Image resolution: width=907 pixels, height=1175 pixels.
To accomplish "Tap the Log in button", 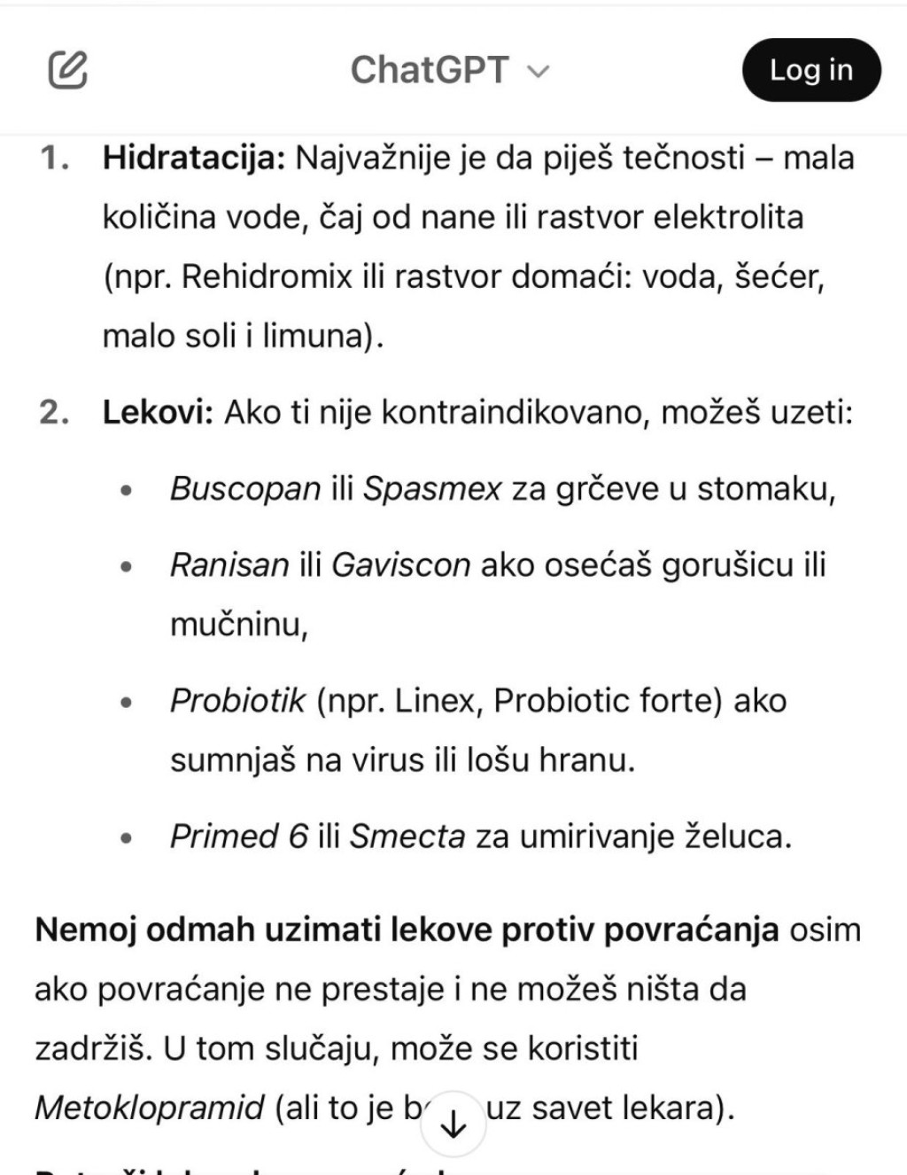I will click(x=810, y=70).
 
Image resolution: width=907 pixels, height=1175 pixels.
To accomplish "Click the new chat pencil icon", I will click(x=67, y=70).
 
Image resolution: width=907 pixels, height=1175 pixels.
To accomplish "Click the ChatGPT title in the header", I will click(x=430, y=70).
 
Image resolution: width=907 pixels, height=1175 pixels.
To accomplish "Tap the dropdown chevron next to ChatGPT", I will click(x=539, y=72).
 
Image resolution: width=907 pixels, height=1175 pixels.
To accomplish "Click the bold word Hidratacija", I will click(x=193, y=158).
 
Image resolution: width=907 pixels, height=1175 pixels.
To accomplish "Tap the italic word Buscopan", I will click(x=244, y=488).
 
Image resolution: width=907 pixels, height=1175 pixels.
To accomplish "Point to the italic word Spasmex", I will click(x=432, y=488).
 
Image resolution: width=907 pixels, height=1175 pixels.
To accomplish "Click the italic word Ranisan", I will click(x=229, y=564).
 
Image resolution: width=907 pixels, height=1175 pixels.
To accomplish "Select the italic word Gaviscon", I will click(x=400, y=564).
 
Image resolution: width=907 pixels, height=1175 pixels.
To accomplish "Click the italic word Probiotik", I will click(x=237, y=701).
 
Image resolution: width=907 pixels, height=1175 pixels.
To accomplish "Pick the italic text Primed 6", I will click(x=239, y=836).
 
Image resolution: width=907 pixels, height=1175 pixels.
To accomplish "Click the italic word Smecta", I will click(x=407, y=836).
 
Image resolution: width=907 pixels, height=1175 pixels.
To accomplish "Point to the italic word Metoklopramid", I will click(x=150, y=1108).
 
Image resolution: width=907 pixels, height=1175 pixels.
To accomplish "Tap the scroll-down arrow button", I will click(x=453, y=1124).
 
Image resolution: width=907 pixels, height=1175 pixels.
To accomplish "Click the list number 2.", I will click(x=54, y=412).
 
